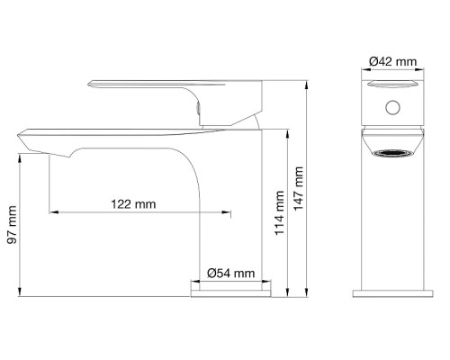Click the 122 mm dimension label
point(133,204)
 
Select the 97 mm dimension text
point(13,224)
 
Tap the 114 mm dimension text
point(280,212)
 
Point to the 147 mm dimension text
point(298,189)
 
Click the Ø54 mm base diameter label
point(230,273)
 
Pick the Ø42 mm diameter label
point(393,61)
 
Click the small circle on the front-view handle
point(392,107)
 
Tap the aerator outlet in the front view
point(392,154)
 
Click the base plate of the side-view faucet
point(230,293)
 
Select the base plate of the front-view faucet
point(392,293)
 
